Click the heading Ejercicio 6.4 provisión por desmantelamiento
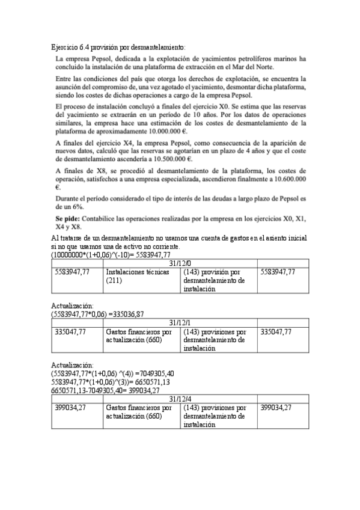click(x=118, y=48)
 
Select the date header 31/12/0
click(x=180, y=263)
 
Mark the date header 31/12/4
click(x=180, y=398)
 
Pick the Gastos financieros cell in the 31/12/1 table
click(x=139, y=336)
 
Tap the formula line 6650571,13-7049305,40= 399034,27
click(x=105, y=390)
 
